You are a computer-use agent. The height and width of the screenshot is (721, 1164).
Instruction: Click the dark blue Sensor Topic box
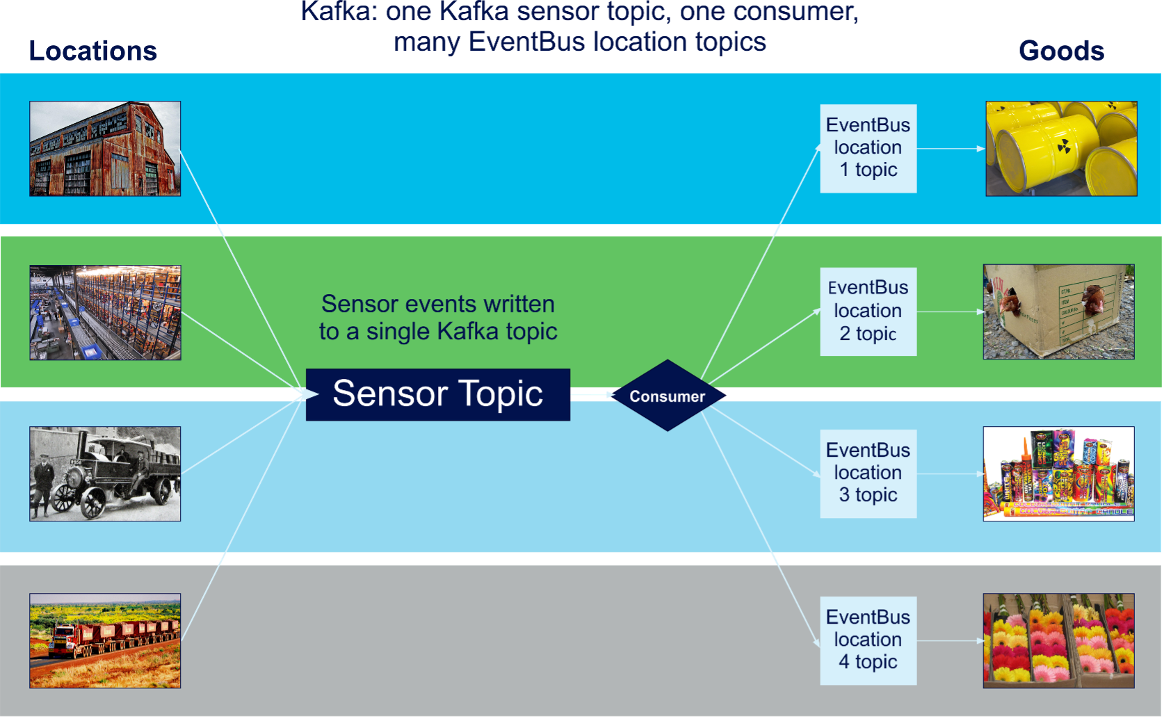(x=437, y=394)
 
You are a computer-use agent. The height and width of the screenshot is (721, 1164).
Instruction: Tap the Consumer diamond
(x=668, y=396)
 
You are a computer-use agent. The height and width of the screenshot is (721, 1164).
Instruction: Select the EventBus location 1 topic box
(x=868, y=149)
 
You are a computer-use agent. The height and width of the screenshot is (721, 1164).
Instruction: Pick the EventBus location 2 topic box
(x=868, y=311)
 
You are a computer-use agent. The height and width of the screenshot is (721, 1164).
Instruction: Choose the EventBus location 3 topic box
(x=868, y=473)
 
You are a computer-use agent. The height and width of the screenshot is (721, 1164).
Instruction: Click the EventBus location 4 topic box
(x=868, y=640)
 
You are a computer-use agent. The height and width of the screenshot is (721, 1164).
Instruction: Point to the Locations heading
(x=93, y=51)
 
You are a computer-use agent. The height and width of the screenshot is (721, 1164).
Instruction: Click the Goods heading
(x=1061, y=51)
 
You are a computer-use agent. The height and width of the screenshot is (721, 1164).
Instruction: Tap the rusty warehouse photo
(x=105, y=149)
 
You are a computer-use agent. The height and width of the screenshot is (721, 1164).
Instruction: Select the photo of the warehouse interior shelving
(x=105, y=312)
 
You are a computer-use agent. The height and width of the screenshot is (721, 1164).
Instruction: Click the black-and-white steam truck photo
(x=105, y=473)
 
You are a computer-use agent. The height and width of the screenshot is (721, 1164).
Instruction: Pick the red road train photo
(x=105, y=640)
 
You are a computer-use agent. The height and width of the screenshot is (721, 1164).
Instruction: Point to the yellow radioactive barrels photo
(x=1061, y=149)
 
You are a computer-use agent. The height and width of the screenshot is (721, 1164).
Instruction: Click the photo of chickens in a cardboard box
(x=1058, y=311)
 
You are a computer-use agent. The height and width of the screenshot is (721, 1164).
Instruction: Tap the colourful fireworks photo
(x=1058, y=473)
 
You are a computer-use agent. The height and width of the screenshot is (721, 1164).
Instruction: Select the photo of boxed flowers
(x=1058, y=640)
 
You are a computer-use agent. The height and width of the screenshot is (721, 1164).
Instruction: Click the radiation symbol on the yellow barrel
(x=1064, y=147)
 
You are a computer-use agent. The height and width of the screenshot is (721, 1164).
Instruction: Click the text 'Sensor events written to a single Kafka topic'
(x=438, y=317)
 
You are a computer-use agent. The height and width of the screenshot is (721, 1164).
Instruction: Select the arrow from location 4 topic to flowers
(x=951, y=640)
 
